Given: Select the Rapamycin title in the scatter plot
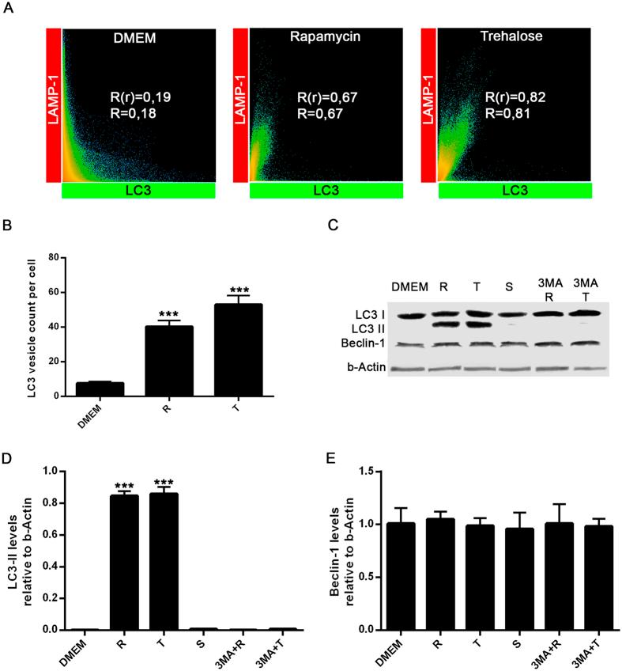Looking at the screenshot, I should [326, 37].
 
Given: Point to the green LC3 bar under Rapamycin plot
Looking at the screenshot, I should [326, 191].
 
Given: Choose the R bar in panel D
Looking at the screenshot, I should [123, 563].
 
